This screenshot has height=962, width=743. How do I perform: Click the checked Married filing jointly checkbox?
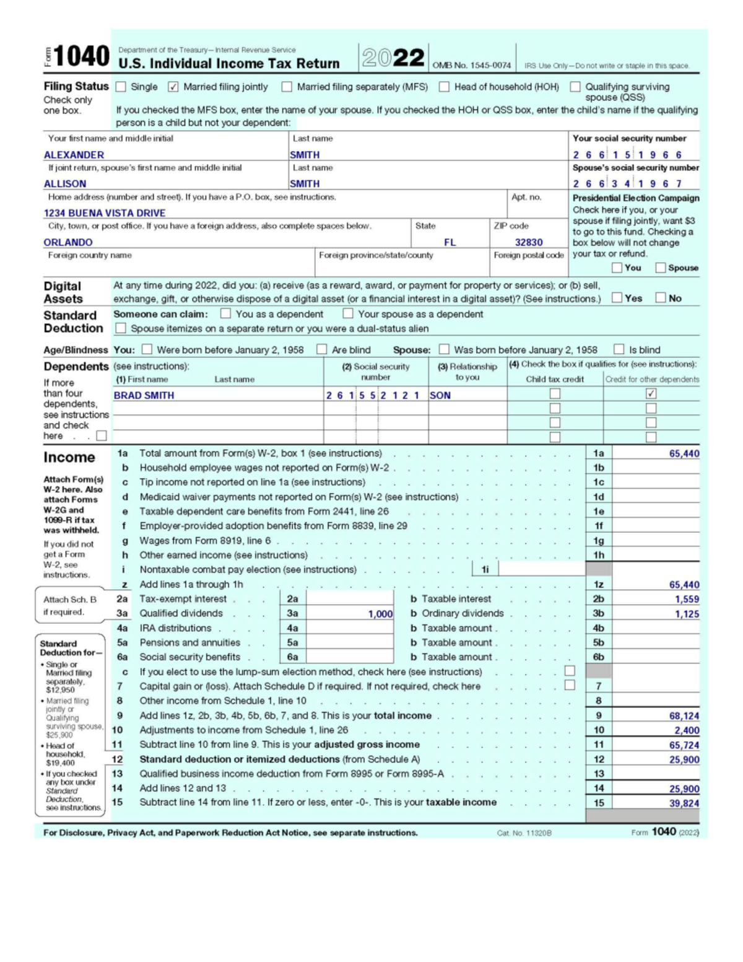click(173, 87)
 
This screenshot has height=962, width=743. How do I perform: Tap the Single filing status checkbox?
click(121, 87)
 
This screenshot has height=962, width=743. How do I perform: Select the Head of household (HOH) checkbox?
click(444, 87)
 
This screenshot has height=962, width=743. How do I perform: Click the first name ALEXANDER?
click(74, 155)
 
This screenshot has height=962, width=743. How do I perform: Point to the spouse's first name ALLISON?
click(65, 184)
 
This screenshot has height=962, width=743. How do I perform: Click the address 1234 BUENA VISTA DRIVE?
click(104, 213)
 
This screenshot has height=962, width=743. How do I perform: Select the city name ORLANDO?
click(68, 242)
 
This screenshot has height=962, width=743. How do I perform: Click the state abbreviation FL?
click(450, 242)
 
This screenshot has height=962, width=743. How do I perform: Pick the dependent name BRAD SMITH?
click(144, 395)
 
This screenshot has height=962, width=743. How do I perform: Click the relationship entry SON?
click(440, 395)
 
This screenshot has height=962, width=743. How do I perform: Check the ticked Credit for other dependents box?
click(651, 393)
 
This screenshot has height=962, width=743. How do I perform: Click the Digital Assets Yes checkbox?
click(617, 298)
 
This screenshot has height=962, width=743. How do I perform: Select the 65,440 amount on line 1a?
click(684, 453)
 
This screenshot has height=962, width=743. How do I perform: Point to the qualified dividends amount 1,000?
click(380, 614)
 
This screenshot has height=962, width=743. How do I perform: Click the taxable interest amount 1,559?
click(687, 599)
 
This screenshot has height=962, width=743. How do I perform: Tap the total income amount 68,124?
click(684, 715)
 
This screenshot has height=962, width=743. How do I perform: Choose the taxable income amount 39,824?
click(684, 803)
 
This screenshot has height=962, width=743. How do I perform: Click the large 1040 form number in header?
click(82, 56)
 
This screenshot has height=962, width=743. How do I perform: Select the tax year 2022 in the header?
click(393, 58)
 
